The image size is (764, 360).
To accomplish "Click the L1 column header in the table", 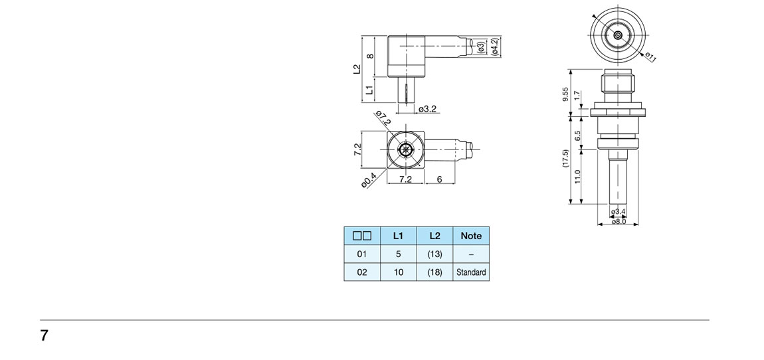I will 398,235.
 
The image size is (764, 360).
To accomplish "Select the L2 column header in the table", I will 434,235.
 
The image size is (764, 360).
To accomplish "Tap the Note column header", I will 471,235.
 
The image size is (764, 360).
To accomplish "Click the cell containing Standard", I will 471,272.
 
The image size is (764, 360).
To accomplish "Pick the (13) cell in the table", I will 434,254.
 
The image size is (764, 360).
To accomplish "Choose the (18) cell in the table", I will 434,272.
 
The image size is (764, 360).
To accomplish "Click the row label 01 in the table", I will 362,254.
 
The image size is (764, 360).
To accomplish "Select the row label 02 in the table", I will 362,272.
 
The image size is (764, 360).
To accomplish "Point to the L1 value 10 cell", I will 398,272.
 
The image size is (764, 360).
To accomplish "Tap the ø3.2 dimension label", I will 427,109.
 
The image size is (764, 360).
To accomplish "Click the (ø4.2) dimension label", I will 494,46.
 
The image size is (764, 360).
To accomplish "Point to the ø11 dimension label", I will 650,58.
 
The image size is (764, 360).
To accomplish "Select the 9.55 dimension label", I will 565,95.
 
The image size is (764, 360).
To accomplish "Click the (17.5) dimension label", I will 565,158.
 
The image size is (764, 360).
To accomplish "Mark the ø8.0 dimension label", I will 619,221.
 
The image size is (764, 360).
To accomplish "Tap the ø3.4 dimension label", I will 619,212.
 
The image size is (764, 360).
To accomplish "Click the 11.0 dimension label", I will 577,176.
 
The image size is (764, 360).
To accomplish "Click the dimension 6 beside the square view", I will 440,179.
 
